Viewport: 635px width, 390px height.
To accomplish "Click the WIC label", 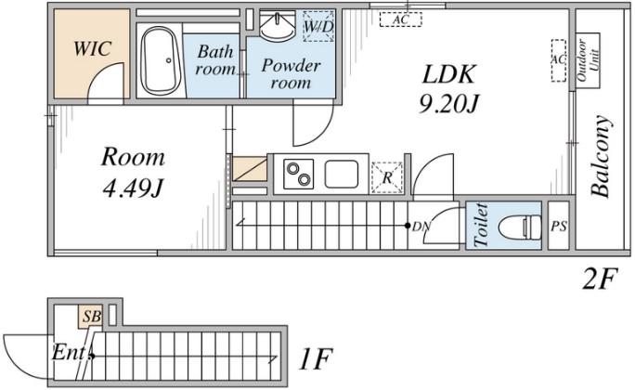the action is click(x=92, y=48).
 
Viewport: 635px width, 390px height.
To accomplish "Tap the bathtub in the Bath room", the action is click(x=161, y=61).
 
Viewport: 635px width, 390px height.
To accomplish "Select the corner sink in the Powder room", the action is click(x=276, y=26).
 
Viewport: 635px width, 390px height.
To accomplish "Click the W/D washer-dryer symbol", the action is click(x=318, y=26).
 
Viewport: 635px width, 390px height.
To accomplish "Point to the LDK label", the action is click(x=448, y=74).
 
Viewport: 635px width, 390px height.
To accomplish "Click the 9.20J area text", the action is click(x=448, y=106).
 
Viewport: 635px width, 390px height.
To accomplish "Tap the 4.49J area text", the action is click(x=133, y=188).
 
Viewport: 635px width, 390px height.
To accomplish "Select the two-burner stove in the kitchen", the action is click(x=299, y=175).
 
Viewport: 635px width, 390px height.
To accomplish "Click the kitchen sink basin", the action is click(x=342, y=175).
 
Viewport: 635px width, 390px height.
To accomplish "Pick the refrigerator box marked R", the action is click(x=387, y=177).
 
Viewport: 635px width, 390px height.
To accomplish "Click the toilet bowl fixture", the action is click(x=520, y=227).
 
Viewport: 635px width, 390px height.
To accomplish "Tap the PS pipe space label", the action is click(x=559, y=227).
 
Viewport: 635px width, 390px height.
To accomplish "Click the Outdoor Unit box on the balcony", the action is click(x=588, y=60).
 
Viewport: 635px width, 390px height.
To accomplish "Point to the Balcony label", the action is click(x=600, y=157).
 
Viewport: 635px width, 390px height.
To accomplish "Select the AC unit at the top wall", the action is click(x=400, y=19).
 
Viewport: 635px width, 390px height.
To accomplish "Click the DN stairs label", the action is click(x=421, y=227).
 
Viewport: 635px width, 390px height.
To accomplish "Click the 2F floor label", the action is click(x=600, y=279).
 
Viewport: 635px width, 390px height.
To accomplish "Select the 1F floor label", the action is click(x=316, y=358).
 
